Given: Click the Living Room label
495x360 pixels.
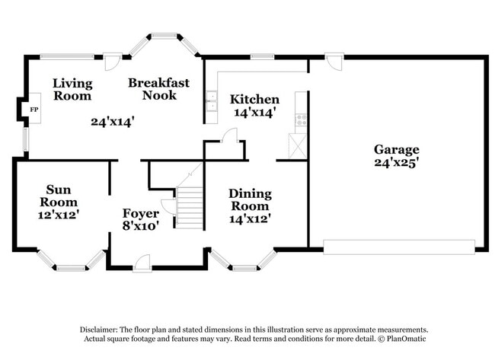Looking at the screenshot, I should tap(72, 89).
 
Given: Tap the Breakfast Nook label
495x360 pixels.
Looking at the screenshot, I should tap(158, 89).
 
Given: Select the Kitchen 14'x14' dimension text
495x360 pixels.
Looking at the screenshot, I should tap(254, 112).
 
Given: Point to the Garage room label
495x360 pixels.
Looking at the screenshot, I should tap(396, 149).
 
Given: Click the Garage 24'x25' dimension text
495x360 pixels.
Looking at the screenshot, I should tap(396, 162).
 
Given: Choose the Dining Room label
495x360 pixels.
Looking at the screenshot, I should tap(249, 200).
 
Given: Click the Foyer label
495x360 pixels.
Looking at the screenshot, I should tap(141, 213).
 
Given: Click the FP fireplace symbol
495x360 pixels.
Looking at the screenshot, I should tap(34, 110).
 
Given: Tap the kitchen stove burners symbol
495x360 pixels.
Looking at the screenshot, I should tap(302, 119).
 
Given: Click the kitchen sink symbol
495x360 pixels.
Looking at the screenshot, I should tap(211, 101).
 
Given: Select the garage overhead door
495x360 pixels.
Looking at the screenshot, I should tap(399, 247).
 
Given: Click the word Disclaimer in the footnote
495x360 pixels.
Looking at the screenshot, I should tap(102, 330).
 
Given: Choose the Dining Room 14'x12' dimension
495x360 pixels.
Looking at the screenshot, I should tap(249, 219).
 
